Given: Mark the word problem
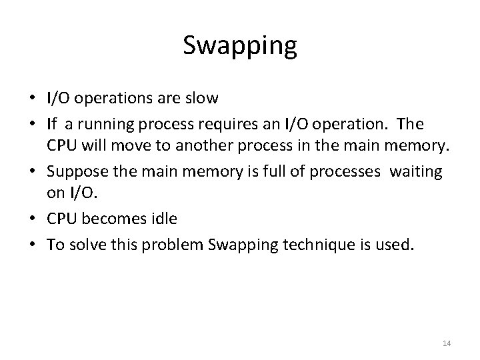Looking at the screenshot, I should (x=175, y=245).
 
